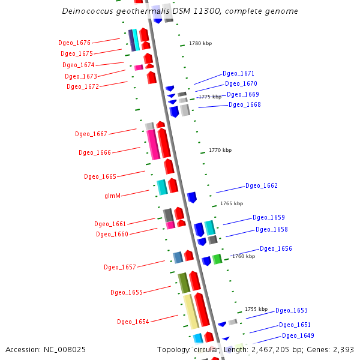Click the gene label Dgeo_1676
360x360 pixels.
74,43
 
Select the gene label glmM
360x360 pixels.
113,196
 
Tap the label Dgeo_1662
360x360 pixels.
261,186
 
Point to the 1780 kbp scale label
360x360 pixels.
200,43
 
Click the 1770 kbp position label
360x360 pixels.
220,150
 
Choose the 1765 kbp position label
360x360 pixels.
232,203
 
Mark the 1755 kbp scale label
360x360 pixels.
256,309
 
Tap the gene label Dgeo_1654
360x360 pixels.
133,322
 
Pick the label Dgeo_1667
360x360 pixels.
91,134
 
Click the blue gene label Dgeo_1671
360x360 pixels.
238,73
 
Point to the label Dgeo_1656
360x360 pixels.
275,248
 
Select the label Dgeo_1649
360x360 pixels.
298,335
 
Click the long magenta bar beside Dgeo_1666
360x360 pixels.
153,145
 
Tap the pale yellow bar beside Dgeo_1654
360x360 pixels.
190,311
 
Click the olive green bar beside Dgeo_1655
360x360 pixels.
184,283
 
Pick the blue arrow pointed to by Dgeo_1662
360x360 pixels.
192,197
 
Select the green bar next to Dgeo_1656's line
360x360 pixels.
217,259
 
